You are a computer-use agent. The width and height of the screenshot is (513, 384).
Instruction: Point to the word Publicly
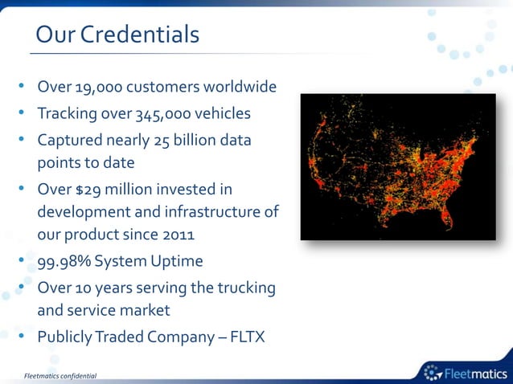click(x=67, y=337)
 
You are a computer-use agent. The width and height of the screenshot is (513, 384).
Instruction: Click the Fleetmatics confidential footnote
click(x=60, y=375)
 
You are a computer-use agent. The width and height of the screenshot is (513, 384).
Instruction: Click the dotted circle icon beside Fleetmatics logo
click(x=433, y=371)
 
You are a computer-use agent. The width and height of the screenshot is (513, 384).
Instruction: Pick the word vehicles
click(x=222, y=113)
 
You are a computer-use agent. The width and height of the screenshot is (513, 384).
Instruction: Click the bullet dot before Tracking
click(x=25, y=113)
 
